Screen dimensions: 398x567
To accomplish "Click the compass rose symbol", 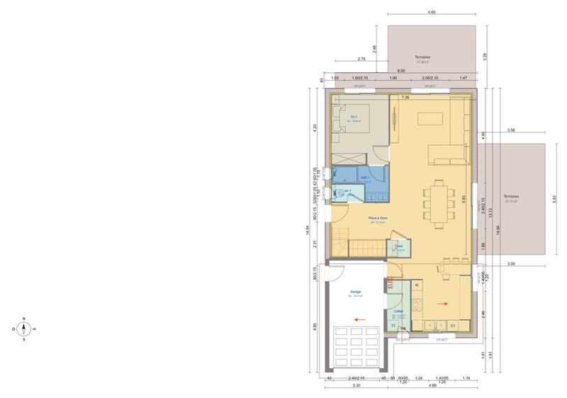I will click(24, 328).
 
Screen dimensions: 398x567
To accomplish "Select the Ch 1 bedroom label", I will click(354, 117).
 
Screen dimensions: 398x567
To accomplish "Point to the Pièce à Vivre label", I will click(377, 218).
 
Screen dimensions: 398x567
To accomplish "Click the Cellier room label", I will click(399, 311).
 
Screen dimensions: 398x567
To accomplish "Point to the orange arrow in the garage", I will click(359, 319).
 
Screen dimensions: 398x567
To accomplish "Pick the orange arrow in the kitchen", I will click(446, 304).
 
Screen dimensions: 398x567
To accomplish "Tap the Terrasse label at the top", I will click(423, 57).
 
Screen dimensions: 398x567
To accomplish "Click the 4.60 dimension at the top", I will click(432, 13).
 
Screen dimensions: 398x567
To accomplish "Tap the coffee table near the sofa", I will click(430, 118).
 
